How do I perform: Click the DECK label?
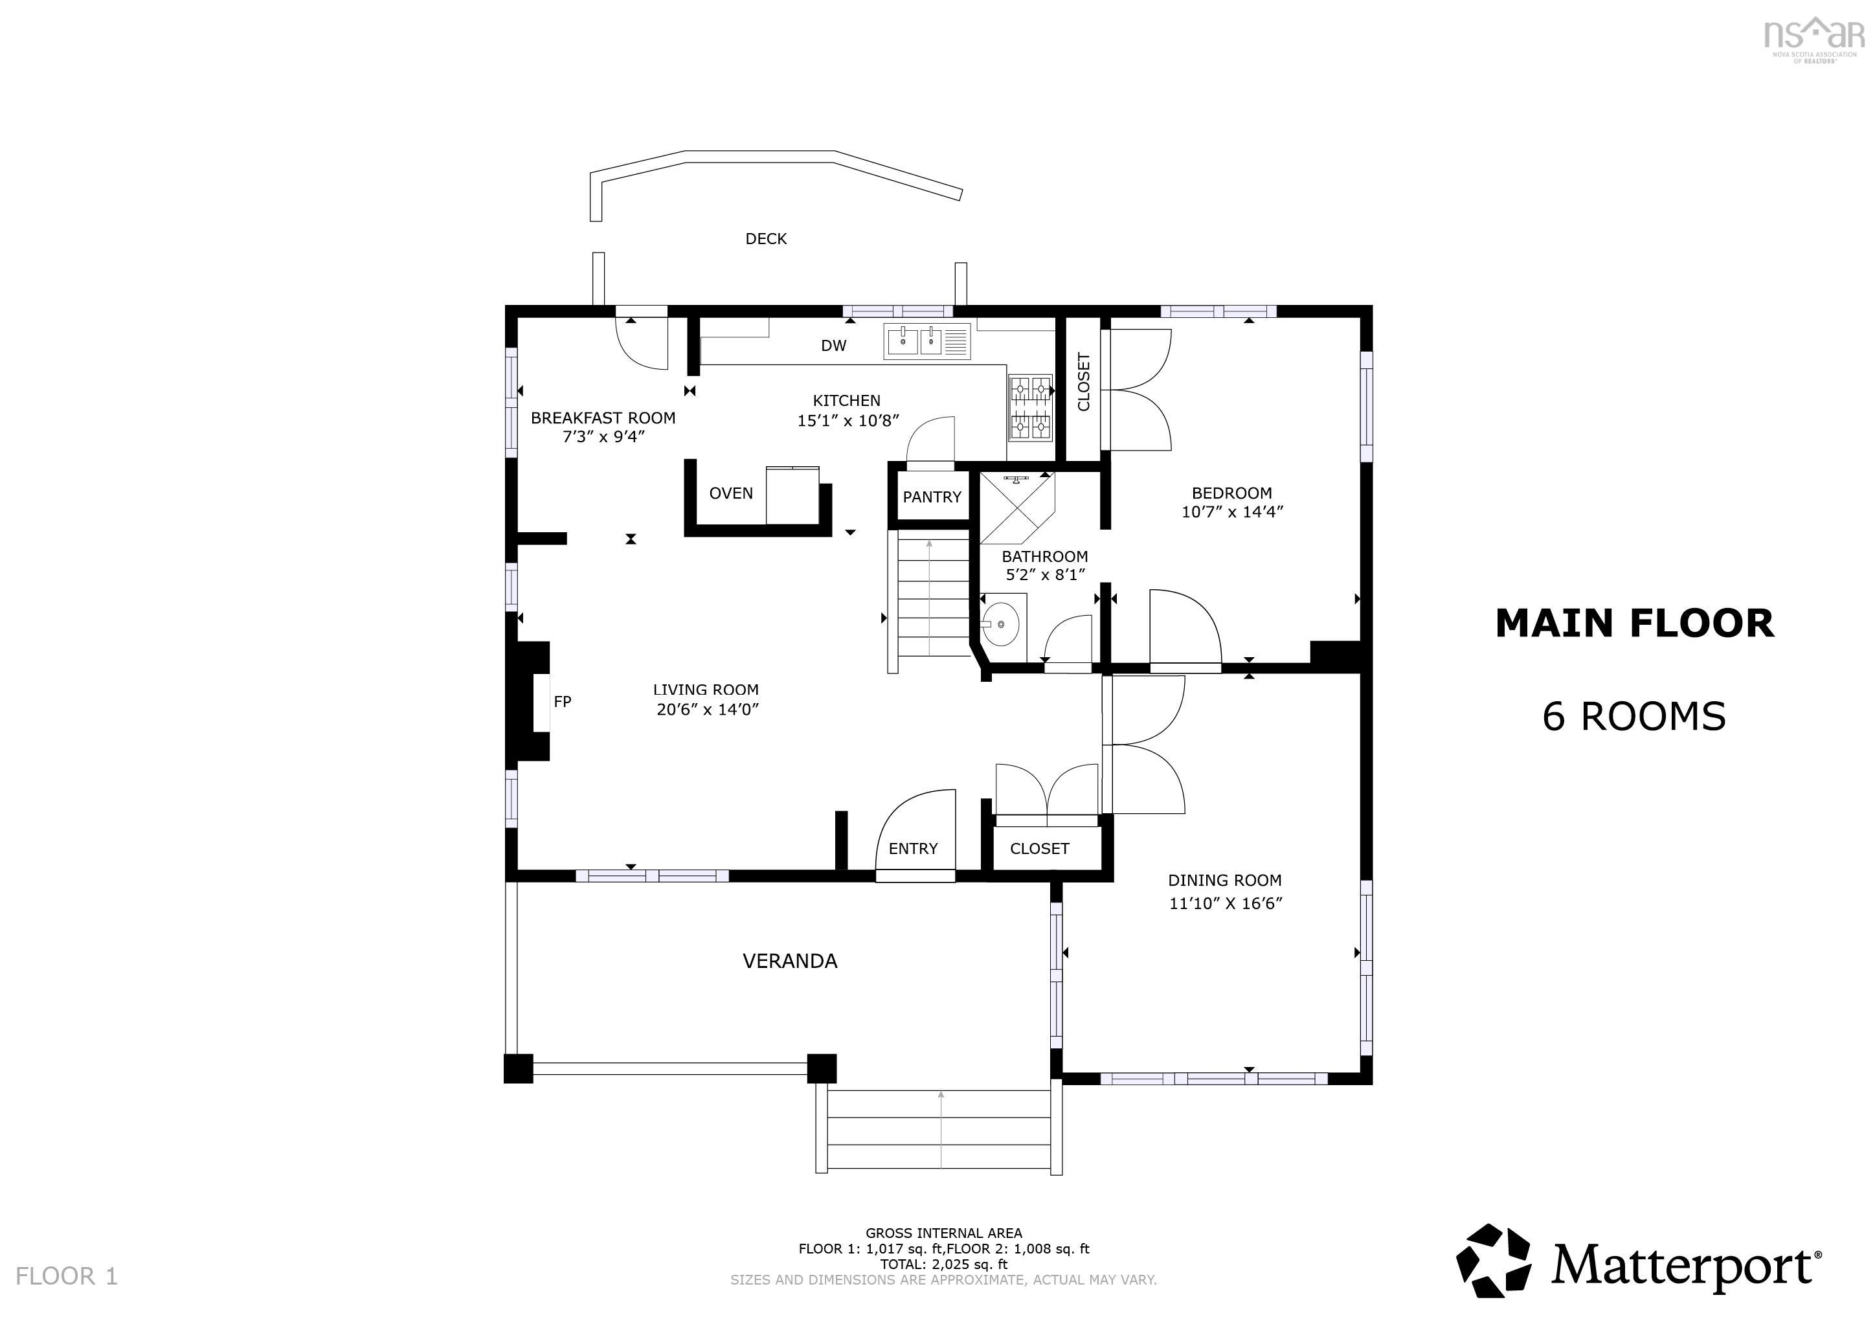click(x=765, y=238)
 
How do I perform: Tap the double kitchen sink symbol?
click(x=926, y=341)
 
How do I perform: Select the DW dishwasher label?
click(x=833, y=345)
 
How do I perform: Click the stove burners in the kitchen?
click(x=1030, y=407)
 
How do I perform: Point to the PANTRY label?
click(x=932, y=497)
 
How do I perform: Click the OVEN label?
click(x=730, y=493)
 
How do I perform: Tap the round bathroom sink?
click(x=1000, y=625)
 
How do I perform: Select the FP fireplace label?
click(x=562, y=701)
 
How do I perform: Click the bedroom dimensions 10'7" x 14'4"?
click(x=1231, y=512)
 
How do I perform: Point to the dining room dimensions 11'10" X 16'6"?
click(x=1225, y=903)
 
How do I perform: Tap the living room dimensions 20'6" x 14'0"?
click(x=707, y=710)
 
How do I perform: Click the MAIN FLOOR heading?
click(x=1634, y=624)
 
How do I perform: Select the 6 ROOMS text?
click(x=1634, y=716)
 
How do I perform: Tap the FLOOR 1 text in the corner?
click(x=67, y=1276)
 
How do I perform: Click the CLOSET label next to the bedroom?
click(x=1084, y=381)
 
